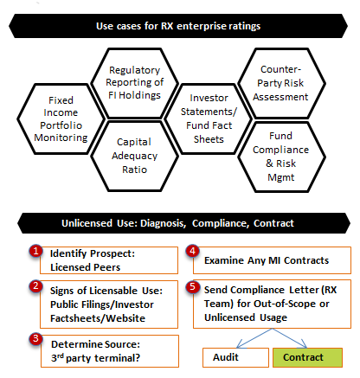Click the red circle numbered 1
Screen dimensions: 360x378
pyautogui.click(x=35, y=252)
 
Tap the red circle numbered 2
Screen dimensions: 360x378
pyautogui.click(x=35, y=286)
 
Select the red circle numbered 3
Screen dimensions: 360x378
pyautogui.click(x=35, y=338)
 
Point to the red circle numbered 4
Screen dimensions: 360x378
pyautogui.click(x=193, y=251)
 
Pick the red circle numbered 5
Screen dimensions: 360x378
pyautogui.click(x=193, y=287)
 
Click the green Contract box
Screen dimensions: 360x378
pyautogui.click(x=307, y=357)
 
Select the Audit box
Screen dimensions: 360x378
pyautogui.click(x=235, y=357)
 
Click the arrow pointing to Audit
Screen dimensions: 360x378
pyautogui.click(x=254, y=338)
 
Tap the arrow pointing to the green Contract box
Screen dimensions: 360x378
pyautogui.click(x=290, y=338)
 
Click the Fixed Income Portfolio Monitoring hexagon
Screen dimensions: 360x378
pyautogui.click(x=61, y=119)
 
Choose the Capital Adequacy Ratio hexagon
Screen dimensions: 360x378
pyautogui.click(x=134, y=156)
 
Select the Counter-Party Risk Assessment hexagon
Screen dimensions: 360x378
pyautogui.click(x=281, y=83)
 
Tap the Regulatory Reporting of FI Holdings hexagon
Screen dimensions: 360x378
pyautogui.click(x=134, y=83)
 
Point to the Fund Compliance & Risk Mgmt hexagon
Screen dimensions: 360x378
pyautogui.click(x=281, y=157)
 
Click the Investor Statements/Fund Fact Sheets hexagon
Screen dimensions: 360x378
pyautogui.click(x=209, y=119)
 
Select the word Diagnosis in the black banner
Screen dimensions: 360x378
pyautogui.click(x=164, y=223)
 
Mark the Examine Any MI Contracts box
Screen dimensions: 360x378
pyautogui.click(x=272, y=260)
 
